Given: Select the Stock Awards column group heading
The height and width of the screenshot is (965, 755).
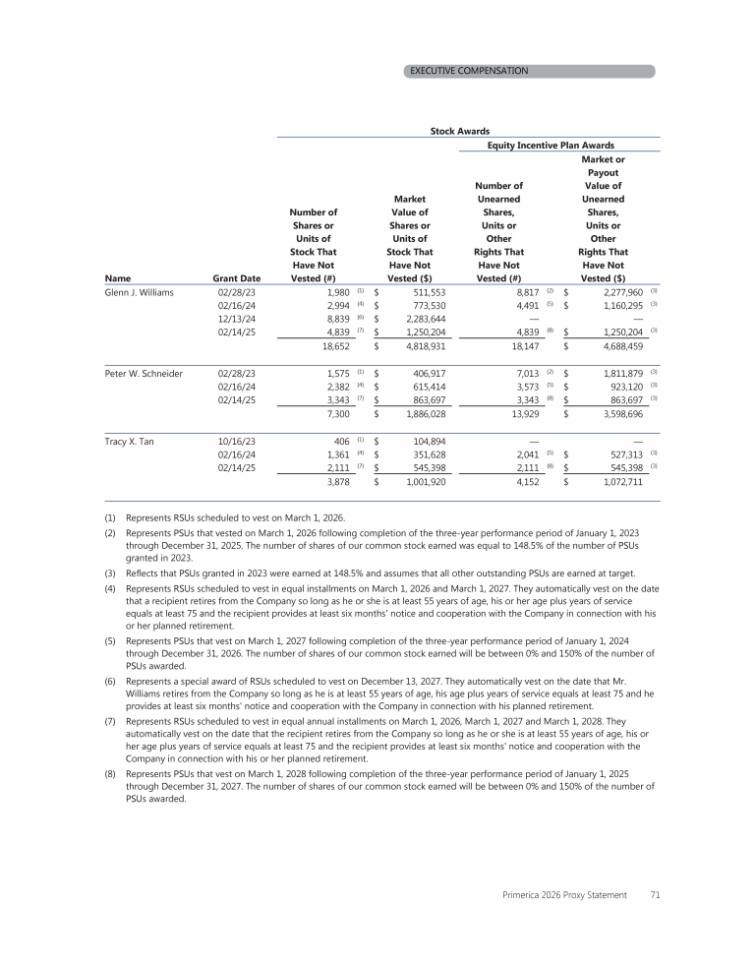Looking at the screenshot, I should (x=460, y=130).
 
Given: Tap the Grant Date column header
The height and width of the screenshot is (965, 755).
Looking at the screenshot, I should (x=236, y=278).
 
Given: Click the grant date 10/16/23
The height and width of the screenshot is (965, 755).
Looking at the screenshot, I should (x=236, y=442).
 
